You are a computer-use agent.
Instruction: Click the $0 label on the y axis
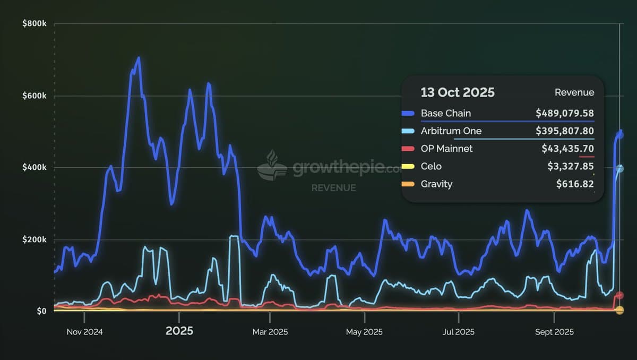tap(41, 311)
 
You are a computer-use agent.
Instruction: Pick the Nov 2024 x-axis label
tap(84, 332)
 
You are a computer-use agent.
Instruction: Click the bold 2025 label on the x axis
tap(179, 331)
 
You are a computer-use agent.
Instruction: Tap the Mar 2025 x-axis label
tap(270, 332)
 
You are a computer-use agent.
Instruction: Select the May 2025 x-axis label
tap(364, 332)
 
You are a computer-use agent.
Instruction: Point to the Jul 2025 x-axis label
tap(458, 332)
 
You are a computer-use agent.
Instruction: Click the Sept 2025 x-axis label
tap(554, 332)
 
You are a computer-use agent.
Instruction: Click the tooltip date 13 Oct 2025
tap(457, 92)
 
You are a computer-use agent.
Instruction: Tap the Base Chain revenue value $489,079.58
tap(565, 113)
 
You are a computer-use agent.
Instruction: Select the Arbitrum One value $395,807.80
tap(565, 131)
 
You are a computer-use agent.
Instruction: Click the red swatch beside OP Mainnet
tap(408, 149)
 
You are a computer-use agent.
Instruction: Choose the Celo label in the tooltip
tap(431, 166)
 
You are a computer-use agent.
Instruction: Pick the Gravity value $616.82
tap(575, 184)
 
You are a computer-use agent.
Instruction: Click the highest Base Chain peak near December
tap(139, 58)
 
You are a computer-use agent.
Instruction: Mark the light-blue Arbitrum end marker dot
tap(619, 169)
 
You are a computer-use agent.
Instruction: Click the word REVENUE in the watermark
tap(333, 188)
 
